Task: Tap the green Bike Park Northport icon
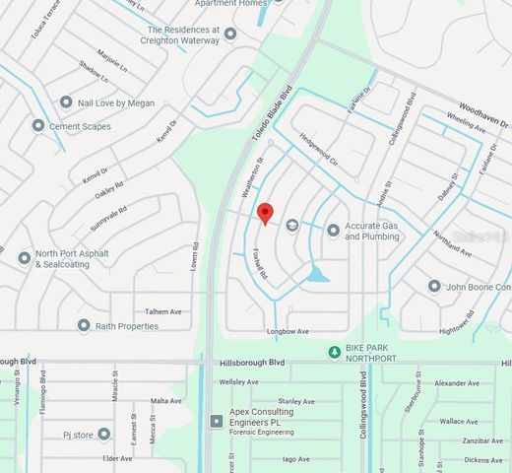335,352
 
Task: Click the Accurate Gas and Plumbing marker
334,231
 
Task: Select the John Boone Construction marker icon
434,287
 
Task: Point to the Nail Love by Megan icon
66,102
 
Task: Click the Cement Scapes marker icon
38,126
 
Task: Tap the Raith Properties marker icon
84,325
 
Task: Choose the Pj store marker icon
104,434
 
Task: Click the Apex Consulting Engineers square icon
217,421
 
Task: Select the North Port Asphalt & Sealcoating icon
25,258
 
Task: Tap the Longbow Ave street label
288,331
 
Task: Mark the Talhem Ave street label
163,311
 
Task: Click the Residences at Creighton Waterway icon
230,34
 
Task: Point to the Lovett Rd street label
195,258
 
